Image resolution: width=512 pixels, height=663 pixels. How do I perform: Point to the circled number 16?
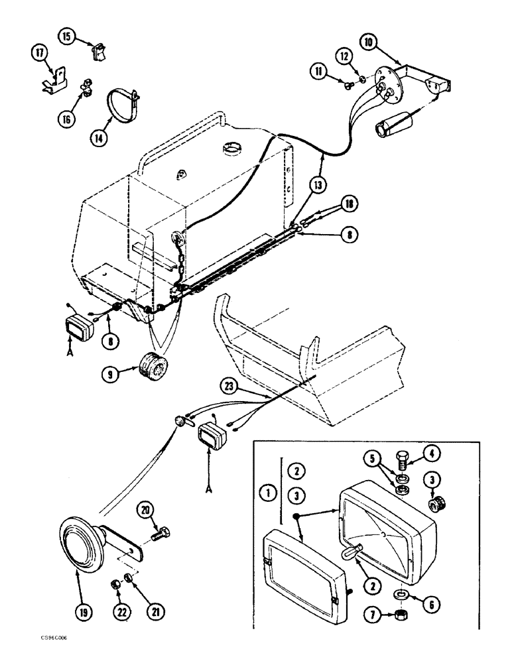(64, 118)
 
